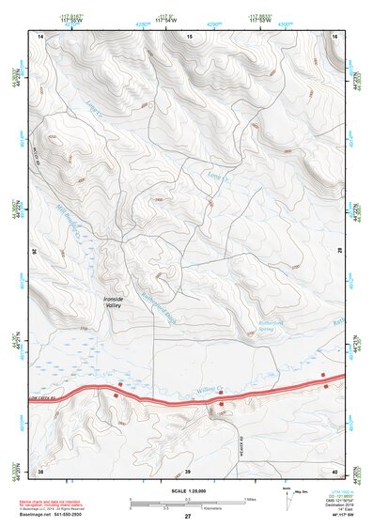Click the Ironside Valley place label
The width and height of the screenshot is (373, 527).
tap(113, 302)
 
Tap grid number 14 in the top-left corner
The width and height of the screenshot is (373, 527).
tap(40, 36)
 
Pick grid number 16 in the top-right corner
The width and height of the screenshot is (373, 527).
tap(335, 36)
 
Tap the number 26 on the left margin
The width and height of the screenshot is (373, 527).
tap(35, 252)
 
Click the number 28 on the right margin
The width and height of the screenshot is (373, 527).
tap(341, 252)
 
